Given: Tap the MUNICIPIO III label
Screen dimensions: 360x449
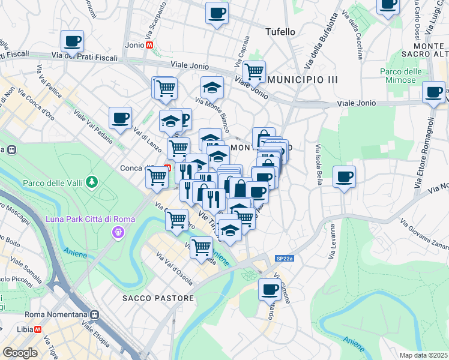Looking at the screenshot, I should click(x=303, y=79).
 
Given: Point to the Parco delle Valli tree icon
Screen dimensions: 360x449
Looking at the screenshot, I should click(x=91, y=181).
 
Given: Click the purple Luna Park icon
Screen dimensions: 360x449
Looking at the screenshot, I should click(x=118, y=231).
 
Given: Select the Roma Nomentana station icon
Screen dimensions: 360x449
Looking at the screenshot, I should click(x=94, y=314).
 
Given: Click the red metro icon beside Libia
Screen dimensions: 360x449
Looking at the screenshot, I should click(x=38, y=329).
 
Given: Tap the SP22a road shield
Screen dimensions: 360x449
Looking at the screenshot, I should click(x=285, y=258).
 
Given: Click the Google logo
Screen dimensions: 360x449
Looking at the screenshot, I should click(x=20, y=352).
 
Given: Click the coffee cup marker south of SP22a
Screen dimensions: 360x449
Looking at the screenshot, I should click(x=269, y=289).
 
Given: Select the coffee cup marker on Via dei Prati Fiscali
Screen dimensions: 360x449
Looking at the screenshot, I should click(x=72, y=41).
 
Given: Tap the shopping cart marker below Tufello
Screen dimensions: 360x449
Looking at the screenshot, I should click(x=255, y=71).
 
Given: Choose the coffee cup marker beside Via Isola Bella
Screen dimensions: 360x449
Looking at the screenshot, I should click(x=344, y=177).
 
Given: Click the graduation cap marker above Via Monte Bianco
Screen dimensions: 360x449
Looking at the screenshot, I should click(x=212, y=88).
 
